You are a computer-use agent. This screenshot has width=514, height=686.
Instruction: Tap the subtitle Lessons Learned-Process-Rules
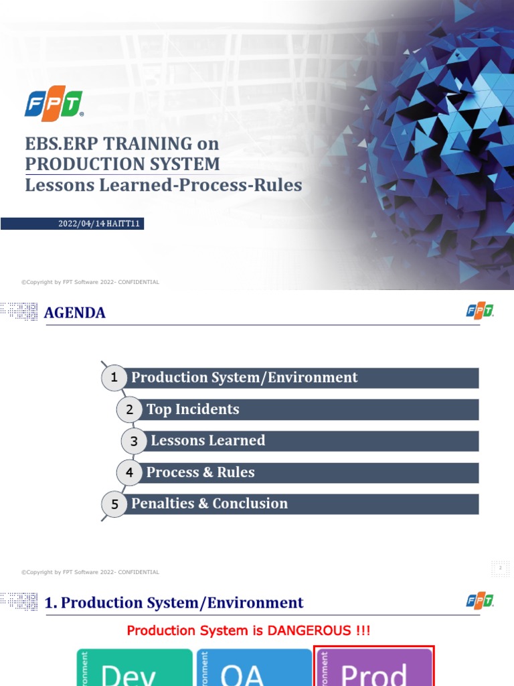point(163,185)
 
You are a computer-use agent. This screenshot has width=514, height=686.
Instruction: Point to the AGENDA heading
point(74,313)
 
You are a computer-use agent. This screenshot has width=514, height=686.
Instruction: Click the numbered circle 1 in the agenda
point(114,378)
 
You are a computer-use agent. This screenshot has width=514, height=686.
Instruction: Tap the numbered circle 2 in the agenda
point(130,409)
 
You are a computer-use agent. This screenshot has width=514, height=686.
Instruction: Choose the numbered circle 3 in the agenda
point(134,441)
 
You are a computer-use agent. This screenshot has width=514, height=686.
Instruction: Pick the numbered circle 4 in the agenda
point(130,472)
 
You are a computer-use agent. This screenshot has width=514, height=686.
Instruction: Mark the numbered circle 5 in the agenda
point(114,504)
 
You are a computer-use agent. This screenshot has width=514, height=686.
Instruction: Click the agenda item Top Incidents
point(193,409)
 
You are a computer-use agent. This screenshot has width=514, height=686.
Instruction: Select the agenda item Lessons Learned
point(208,441)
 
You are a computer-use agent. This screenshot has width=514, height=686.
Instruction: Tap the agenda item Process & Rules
point(201,472)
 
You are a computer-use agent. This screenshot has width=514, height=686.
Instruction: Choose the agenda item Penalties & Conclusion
point(209,504)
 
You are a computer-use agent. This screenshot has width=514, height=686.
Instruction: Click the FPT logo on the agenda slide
point(480,312)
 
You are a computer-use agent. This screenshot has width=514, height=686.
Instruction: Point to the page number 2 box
point(500,568)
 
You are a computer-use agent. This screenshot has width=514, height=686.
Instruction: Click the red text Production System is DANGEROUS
point(248,630)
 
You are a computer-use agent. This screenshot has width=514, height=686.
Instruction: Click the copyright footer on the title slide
point(90,282)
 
